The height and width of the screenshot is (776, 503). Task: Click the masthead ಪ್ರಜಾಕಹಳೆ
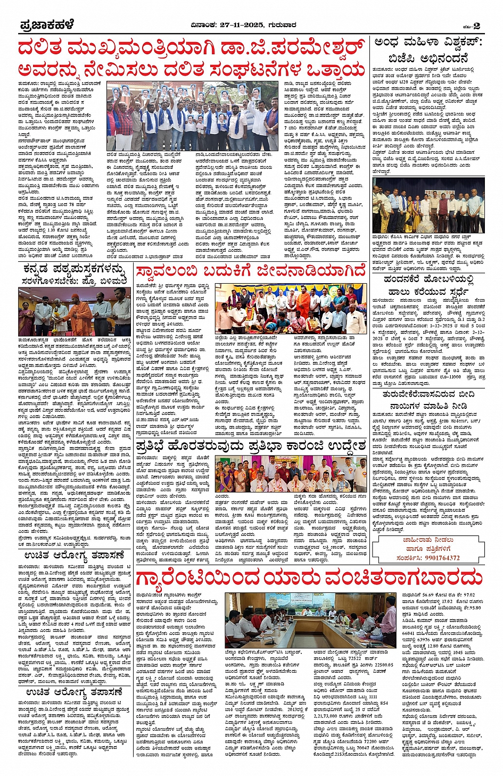click(47, 25)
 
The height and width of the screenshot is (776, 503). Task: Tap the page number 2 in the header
click(476, 26)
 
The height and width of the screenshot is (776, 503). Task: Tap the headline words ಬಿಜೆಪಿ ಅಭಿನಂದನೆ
click(428, 58)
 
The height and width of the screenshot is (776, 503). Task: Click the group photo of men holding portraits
click(192, 115)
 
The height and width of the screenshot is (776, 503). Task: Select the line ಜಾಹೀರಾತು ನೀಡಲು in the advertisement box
click(428, 540)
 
